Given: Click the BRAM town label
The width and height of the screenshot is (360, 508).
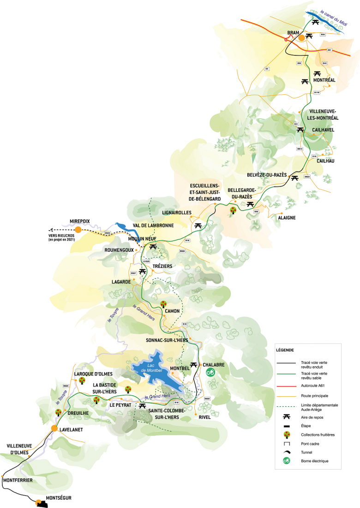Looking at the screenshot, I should (x=293, y=33).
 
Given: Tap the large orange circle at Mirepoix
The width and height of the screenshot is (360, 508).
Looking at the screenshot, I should (x=78, y=229).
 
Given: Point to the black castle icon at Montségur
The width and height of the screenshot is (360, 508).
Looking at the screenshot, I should (x=41, y=503).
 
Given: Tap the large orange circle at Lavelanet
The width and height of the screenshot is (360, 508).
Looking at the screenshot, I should (x=54, y=428).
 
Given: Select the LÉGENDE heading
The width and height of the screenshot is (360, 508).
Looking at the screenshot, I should (x=285, y=350).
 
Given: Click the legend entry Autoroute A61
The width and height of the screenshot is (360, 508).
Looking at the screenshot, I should (x=319, y=384).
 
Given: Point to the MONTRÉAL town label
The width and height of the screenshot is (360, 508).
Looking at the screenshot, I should (x=324, y=80).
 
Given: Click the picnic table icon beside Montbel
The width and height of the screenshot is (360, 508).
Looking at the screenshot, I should (x=194, y=365).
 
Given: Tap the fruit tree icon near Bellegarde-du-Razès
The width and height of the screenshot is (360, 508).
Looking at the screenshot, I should (x=234, y=211).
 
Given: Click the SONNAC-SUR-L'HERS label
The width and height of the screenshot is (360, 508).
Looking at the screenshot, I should (x=167, y=340).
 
